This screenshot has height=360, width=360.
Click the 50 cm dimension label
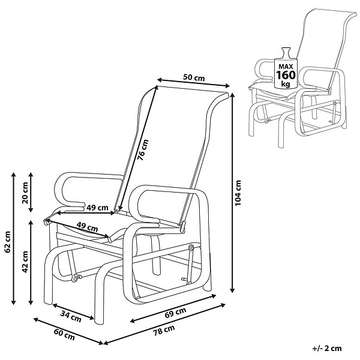click(194, 77)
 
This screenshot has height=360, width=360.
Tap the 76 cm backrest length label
click(143, 149)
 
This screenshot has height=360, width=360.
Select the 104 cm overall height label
click(238, 193)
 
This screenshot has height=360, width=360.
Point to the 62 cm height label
click(7, 242)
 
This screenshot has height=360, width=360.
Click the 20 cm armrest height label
click(25, 193)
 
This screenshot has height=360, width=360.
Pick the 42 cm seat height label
click(25, 262)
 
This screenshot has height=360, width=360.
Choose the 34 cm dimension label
click(71, 316)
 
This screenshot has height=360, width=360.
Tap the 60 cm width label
click(65, 334)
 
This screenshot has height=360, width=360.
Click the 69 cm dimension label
click(175, 313)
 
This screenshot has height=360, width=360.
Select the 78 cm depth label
click(164, 331)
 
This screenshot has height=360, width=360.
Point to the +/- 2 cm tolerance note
click(327, 348)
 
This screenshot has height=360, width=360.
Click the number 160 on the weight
click(286, 75)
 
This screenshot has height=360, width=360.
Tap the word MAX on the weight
click(286, 67)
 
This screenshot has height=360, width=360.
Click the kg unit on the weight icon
click(286, 84)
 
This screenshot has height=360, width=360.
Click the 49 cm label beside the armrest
click(97, 208)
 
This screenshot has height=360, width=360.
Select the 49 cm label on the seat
click(87, 227)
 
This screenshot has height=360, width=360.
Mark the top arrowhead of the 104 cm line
click(233, 95)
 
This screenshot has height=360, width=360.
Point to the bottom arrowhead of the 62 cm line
click(13, 302)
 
